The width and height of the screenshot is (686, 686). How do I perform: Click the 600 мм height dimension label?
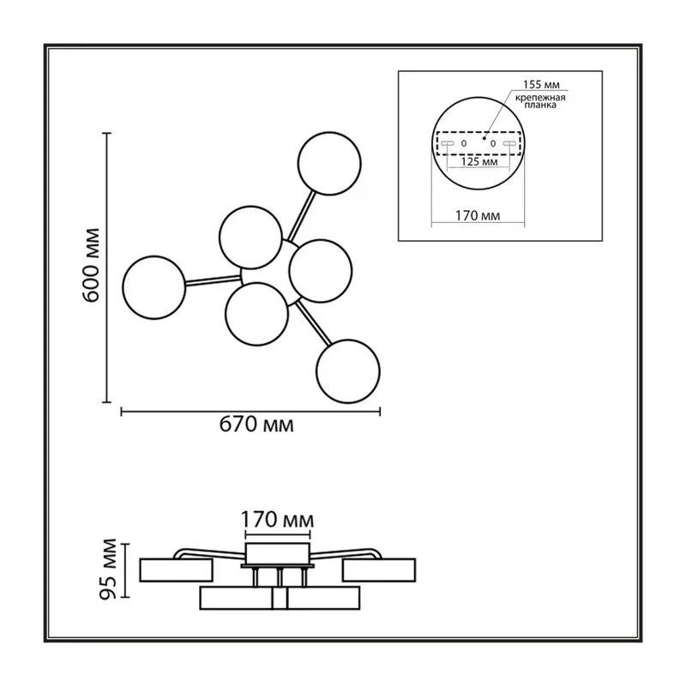91,265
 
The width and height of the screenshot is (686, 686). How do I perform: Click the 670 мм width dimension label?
256,424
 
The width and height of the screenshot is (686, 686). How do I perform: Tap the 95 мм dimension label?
108,569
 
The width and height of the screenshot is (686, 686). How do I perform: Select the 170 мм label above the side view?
277,521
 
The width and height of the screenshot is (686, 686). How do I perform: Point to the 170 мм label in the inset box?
478,216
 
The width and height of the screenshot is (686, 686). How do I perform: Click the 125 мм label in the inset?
479,161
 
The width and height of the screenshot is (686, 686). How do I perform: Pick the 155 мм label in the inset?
541,84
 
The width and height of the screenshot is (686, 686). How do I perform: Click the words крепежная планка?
540,101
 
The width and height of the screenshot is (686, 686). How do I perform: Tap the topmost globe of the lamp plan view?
329,163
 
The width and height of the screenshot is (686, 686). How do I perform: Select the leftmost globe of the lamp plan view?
154,287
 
